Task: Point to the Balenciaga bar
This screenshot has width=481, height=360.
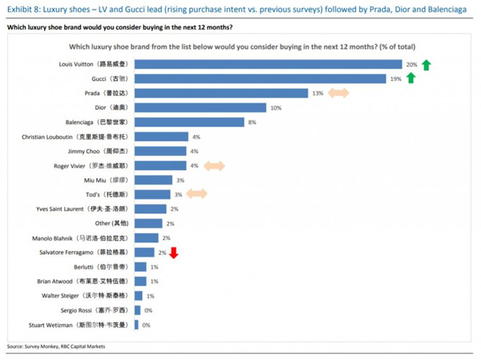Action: [189, 122]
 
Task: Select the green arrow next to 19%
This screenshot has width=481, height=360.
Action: [410, 78]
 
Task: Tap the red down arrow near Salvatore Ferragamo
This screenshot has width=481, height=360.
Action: [173, 253]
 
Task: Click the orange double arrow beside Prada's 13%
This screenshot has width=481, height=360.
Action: [338, 93]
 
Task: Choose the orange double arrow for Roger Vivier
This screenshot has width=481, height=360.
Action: [213, 165]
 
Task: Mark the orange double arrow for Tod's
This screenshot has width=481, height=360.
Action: [196, 194]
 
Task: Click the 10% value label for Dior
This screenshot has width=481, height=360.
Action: [275, 107]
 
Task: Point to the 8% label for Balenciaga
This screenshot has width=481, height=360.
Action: [252, 122]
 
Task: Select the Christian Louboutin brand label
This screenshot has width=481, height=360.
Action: [75, 137]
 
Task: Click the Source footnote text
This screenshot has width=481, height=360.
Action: [55, 346]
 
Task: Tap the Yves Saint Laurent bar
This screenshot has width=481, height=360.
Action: [152, 208]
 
